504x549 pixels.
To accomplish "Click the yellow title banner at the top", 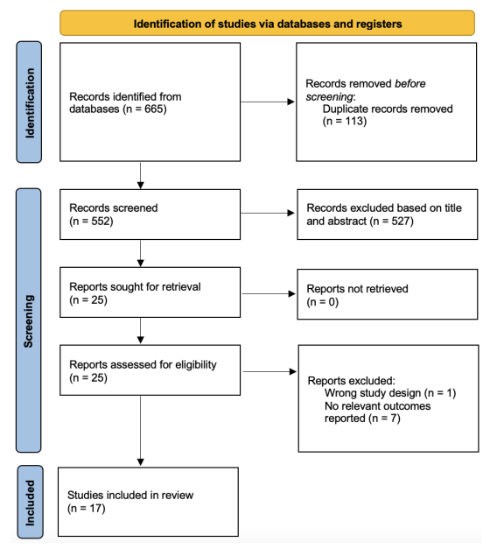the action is (x=267, y=23).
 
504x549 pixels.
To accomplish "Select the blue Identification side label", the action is (x=29, y=102).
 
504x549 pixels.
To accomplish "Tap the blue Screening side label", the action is (x=29, y=320).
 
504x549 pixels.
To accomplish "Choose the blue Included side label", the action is (x=31, y=502).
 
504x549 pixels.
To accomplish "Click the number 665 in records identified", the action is (x=153, y=109).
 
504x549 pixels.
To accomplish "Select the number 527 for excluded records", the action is (x=400, y=222).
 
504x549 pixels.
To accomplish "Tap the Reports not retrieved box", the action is (x=388, y=294).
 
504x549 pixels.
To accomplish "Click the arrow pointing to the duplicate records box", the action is (x=268, y=102).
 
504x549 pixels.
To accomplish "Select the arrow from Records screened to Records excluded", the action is (x=268, y=213).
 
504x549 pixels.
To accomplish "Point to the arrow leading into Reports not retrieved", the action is (x=269, y=293).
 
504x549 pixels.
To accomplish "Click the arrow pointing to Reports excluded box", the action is (x=269, y=371).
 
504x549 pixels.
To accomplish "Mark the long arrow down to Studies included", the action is (x=140, y=431).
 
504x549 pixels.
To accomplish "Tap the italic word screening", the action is (x=329, y=96).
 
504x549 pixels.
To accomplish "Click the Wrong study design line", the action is (x=390, y=393).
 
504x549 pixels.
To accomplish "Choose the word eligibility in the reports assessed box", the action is (x=196, y=365).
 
